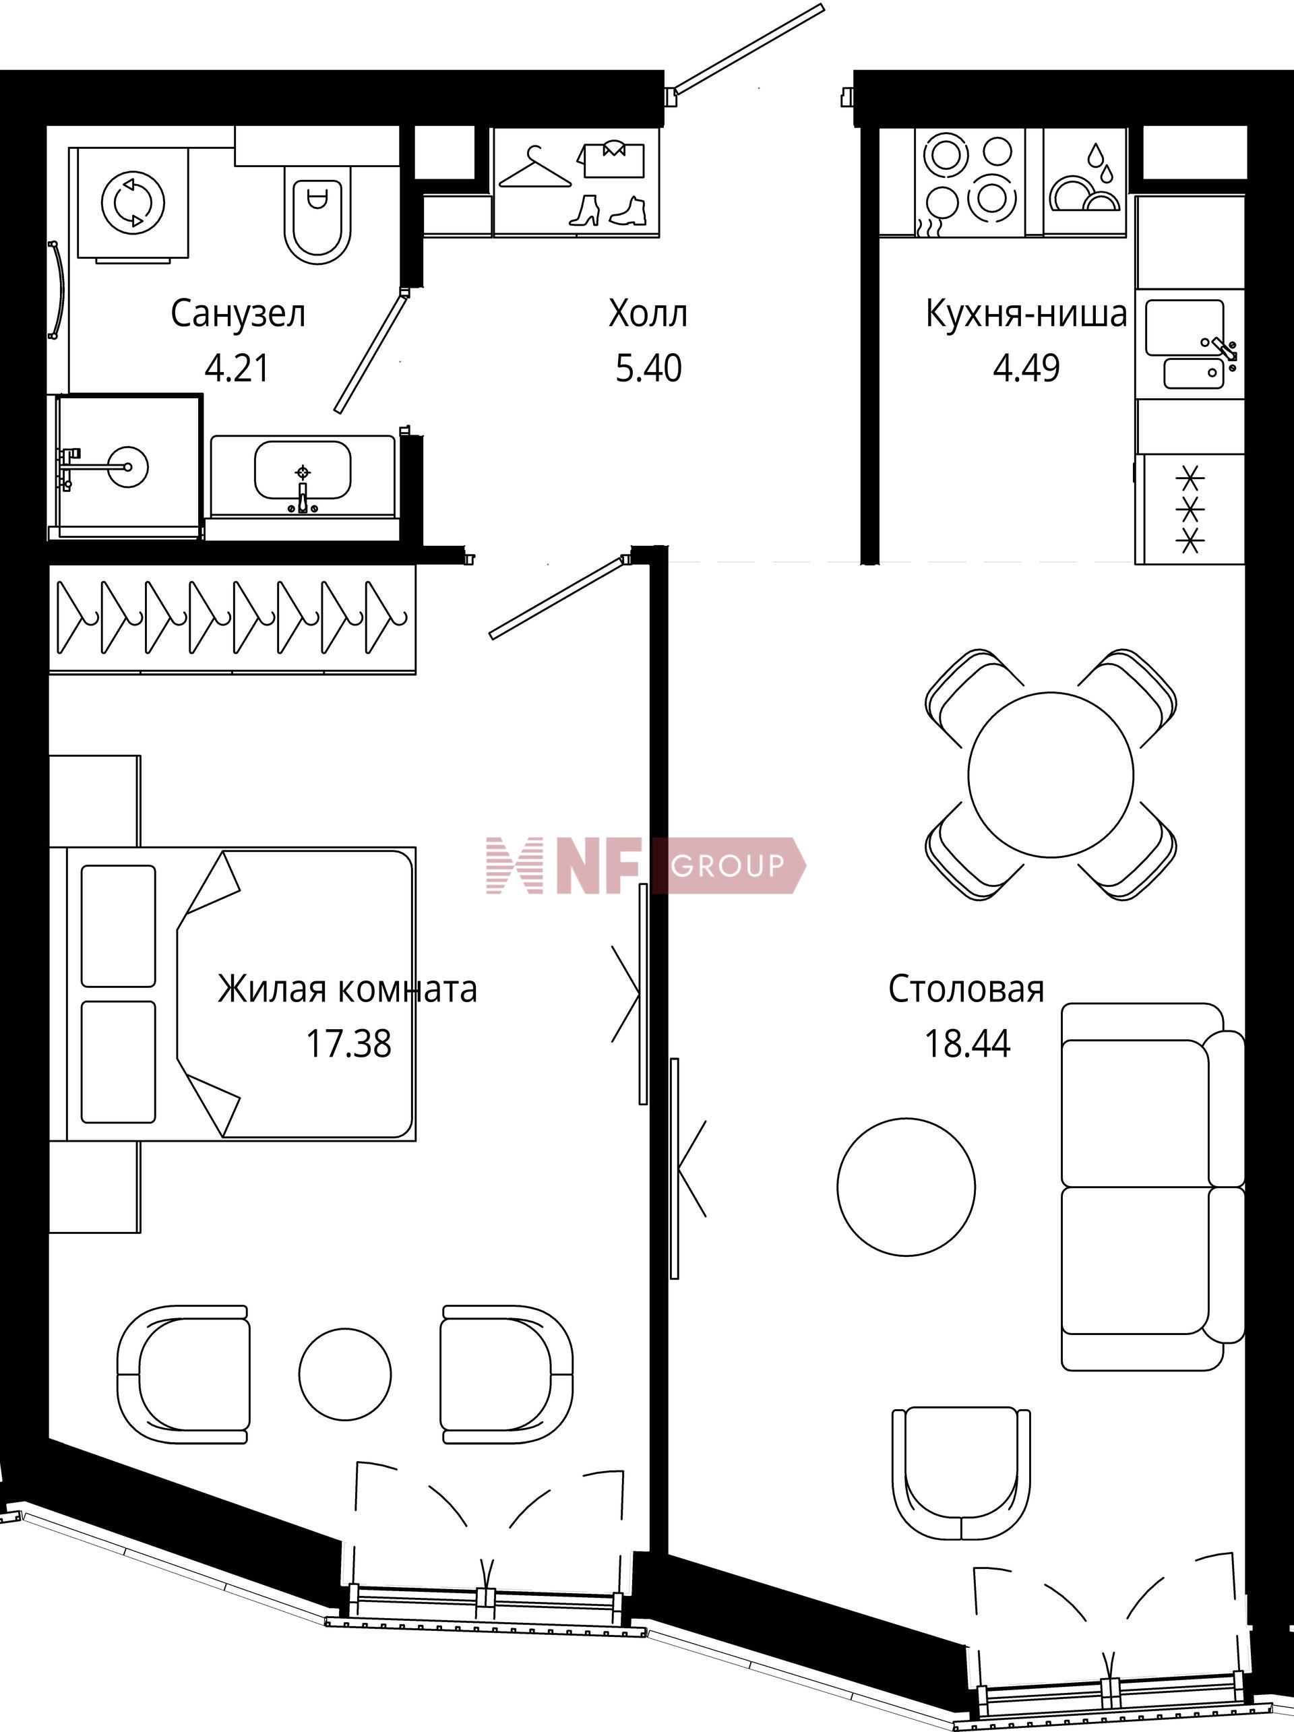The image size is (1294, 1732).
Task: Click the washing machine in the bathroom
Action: coord(132,204)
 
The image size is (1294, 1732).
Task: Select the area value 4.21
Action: coord(237,367)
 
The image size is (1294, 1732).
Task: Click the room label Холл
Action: coord(648,314)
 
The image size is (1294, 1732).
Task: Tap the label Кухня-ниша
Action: coord(1026,314)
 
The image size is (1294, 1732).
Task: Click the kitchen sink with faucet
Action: coord(1188,344)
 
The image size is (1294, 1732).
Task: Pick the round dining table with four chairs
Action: coord(1050,774)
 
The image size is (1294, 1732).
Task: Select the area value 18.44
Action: coord(968,1044)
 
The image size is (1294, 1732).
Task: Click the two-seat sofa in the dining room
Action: coord(1152,1187)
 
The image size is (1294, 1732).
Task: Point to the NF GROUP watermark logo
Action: coord(645,865)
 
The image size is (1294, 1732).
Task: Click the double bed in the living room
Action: coord(241,993)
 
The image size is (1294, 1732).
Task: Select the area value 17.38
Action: coord(348,1044)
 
